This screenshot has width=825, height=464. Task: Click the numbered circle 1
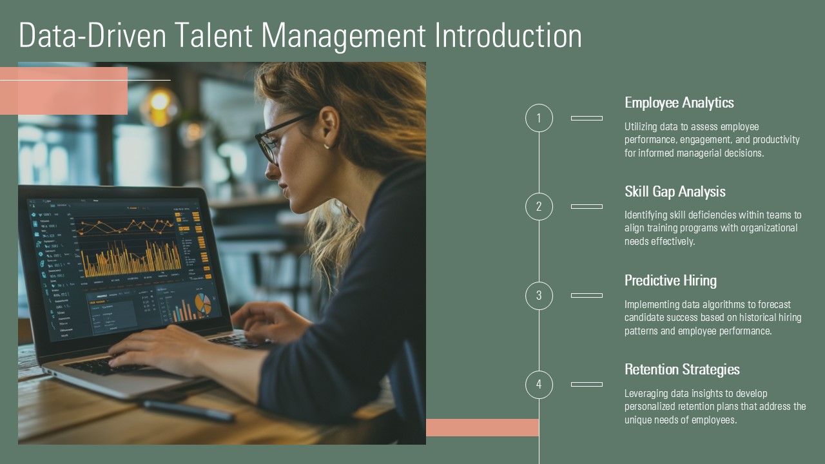coord(539,118)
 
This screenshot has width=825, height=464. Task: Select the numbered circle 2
coord(539,207)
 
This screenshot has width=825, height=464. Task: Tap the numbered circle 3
coord(539,296)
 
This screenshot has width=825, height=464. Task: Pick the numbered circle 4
coord(539,385)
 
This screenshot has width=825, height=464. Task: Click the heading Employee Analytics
coord(679,102)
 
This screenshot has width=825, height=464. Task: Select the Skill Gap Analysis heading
coord(675,191)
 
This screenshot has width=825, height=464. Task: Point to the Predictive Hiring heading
coord(670,280)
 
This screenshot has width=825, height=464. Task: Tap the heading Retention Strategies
coord(682,369)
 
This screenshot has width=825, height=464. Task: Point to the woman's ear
coord(329,126)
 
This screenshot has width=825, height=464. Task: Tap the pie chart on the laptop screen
coord(202,304)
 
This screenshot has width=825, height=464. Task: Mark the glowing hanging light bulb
coord(159,103)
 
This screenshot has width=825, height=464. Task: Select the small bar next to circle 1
coord(587,118)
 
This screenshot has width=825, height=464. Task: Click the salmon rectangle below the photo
coord(482,427)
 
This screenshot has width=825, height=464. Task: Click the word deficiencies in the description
coord(710,215)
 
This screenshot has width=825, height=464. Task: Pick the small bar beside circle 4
coord(587,385)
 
